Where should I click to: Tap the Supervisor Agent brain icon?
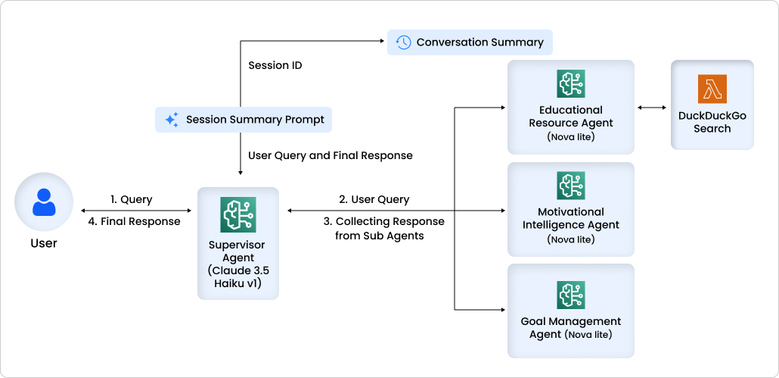(x=237, y=214)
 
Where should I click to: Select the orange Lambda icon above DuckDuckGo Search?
(x=712, y=89)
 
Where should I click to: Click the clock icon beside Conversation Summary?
(x=403, y=42)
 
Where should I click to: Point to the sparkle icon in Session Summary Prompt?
(x=172, y=120)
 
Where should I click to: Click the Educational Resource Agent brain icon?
(x=570, y=84)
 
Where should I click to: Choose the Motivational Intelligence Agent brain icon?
(x=570, y=186)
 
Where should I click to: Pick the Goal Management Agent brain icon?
(x=570, y=295)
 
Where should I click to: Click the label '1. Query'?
(x=132, y=199)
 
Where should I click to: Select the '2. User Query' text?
(x=374, y=199)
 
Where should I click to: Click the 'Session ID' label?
(x=275, y=65)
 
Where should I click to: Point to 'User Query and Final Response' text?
(x=331, y=155)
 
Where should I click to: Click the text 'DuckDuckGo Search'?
(x=712, y=122)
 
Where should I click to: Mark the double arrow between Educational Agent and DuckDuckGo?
(x=652, y=108)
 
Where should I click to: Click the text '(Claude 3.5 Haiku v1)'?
(x=237, y=277)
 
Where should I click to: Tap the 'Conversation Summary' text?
(x=480, y=42)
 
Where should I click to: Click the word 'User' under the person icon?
(x=44, y=243)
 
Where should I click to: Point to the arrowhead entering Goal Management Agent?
(x=502, y=310)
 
